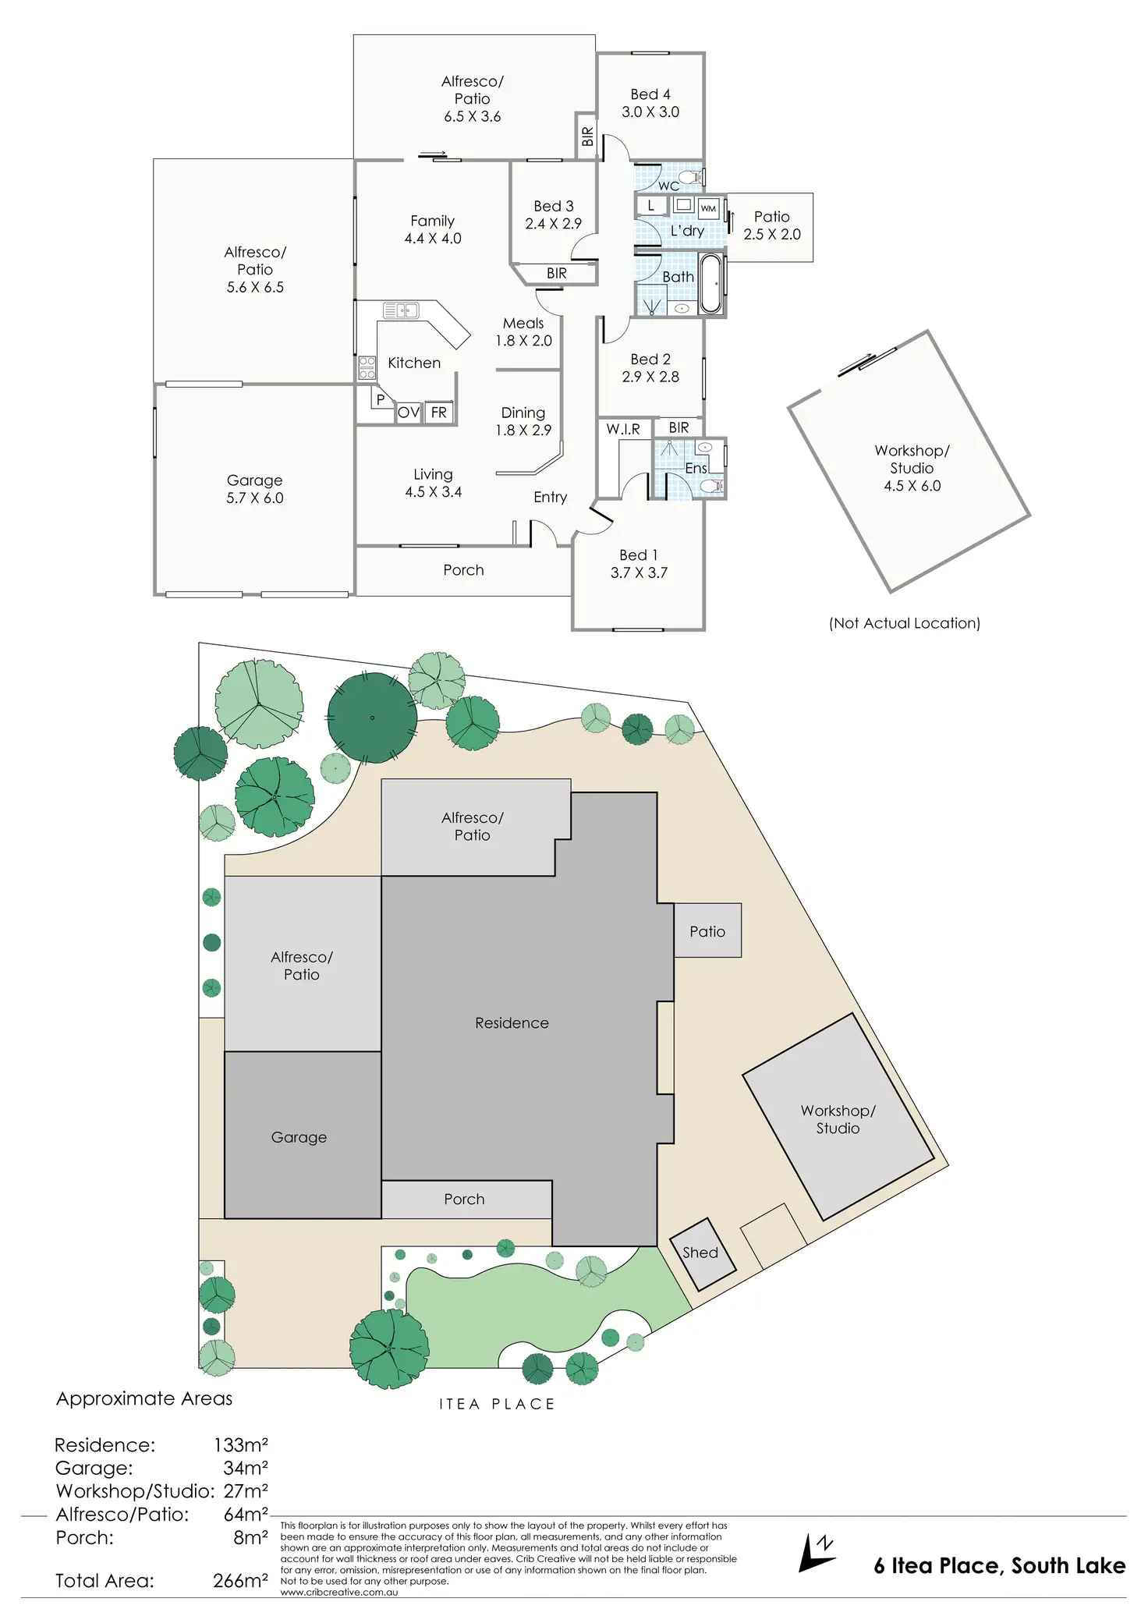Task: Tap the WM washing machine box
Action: click(x=708, y=208)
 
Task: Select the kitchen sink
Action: click(x=401, y=310)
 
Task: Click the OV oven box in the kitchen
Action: click(x=408, y=413)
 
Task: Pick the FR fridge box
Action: click(x=439, y=412)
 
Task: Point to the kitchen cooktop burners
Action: click(x=367, y=367)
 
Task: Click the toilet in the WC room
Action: click(x=690, y=176)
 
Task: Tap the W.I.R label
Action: click(x=623, y=429)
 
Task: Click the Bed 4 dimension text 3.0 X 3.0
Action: click(x=650, y=112)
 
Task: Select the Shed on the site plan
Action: click(x=703, y=1253)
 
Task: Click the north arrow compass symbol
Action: click(x=816, y=1551)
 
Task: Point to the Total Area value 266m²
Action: click(x=240, y=1580)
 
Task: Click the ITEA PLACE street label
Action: click(x=497, y=1404)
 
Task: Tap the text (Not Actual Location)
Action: click(x=905, y=622)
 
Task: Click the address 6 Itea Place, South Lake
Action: click(x=999, y=1565)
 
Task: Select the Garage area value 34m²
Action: click(x=245, y=1468)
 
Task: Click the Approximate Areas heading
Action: click(x=144, y=1398)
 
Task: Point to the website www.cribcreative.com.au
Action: click(x=338, y=1592)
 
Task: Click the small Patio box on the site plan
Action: click(x=707, y=930)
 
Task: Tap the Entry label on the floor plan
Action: click(x=550, y=497)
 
